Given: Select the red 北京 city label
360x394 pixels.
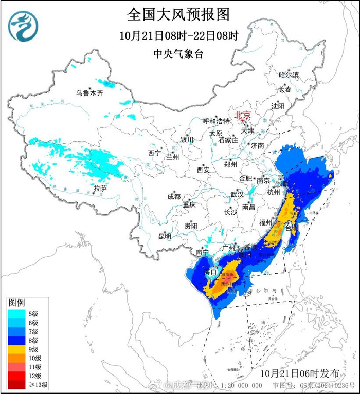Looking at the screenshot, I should click(x=242, y=115).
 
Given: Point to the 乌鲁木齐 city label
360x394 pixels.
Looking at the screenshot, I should click(x=89, y=93).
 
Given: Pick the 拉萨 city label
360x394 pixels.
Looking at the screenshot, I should click(x=100, y=189).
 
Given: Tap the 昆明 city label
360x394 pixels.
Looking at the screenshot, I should click(x=165, y=236).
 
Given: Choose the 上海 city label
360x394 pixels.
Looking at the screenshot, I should click(x=280, y=183).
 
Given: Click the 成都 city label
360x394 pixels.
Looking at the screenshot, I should click(x=174, y=196).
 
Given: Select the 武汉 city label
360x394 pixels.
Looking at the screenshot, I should click(x=237, y=195).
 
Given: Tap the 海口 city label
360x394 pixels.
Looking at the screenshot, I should click(x=211, y=271).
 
